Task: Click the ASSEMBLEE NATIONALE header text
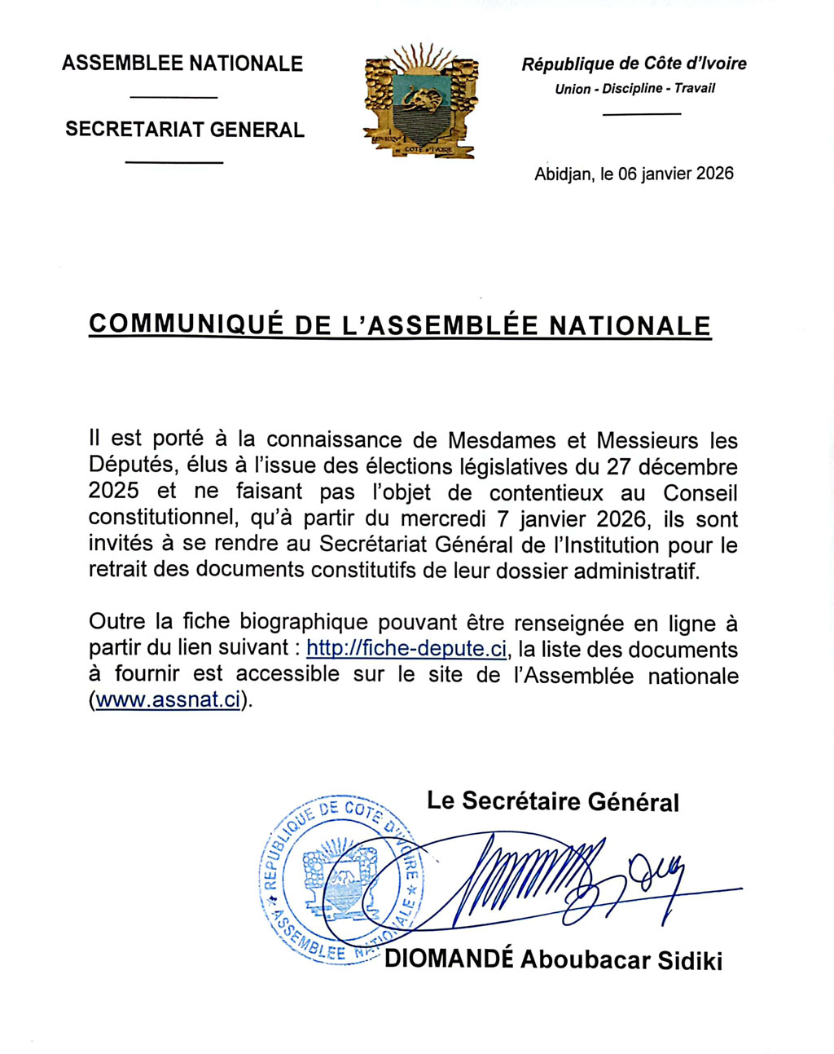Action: [x=182, y=64]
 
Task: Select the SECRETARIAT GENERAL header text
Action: [x=185, y=130]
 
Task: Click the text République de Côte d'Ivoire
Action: [x=634, y=64]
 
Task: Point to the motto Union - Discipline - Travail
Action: [x=634, y=89]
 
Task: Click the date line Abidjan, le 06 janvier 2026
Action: [x=634, y=174]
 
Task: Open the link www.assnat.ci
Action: [x=169, y=700]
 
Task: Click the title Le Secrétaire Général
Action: [x=552, y=801]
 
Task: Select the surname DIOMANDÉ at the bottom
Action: [x=449, y=959]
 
